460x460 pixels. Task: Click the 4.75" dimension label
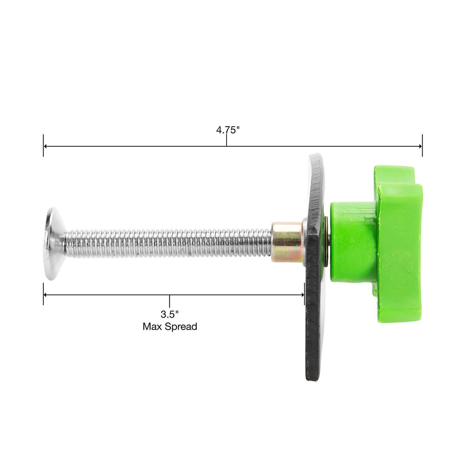click(227, 130)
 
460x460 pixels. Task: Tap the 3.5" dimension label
click(169, 314)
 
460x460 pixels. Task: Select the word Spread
click(181, 327)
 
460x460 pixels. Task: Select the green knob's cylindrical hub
click(350, 242)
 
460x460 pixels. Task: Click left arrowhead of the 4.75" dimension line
click(45, 146)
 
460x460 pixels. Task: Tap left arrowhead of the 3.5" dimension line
click(45, 295)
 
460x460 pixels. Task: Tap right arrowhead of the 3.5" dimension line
click(302, 295)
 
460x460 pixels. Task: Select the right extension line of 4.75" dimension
click(422, 146)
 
